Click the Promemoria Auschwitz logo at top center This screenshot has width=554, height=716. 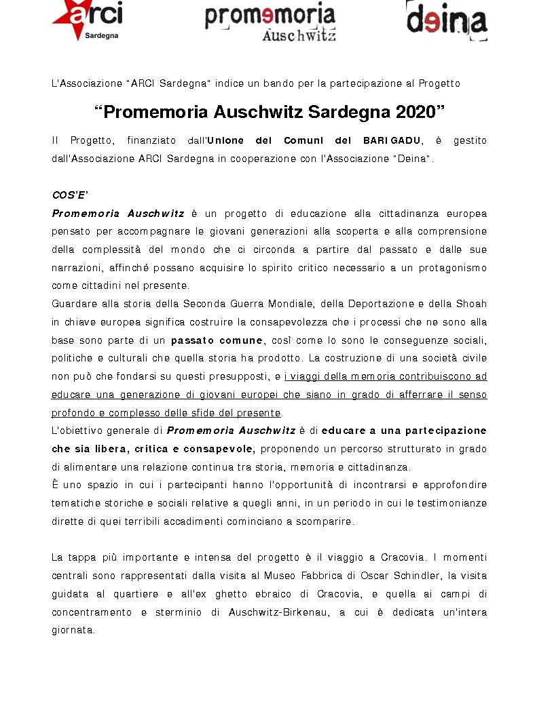click(x=270, y=22)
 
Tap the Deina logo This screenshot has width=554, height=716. click(x=447, y=20)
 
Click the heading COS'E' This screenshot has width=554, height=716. click(x=70, y=195)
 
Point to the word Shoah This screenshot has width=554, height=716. click(x=473, y=303)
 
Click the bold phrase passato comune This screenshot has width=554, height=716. click(x=217, y=340)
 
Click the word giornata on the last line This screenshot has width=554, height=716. click(x=73, y=630)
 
